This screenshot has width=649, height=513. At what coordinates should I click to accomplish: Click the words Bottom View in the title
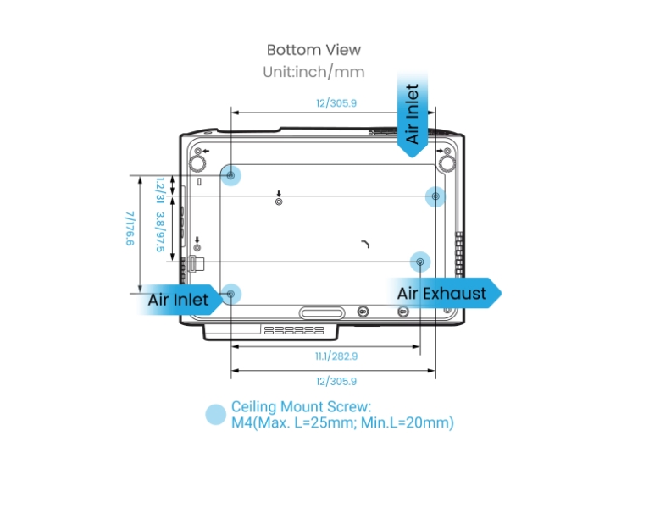pos(313,50)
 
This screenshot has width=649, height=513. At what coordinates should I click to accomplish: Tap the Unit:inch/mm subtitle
pos(313,71)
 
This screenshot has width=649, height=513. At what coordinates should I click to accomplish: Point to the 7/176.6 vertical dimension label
pos(130,229)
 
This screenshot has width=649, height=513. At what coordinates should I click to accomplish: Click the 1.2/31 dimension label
pos(158,190)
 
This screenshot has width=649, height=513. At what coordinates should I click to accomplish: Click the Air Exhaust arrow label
pos(443,293)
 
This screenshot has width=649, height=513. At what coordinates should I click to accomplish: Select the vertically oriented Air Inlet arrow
pos(413,114)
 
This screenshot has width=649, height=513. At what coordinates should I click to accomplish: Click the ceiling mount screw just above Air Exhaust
pos(420,261)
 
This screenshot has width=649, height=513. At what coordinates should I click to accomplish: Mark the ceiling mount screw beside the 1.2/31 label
pos(230,174)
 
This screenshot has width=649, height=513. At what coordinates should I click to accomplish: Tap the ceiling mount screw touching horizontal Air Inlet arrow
pos(230,294)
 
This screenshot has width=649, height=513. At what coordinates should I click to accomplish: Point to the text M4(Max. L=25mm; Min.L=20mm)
pos(342,422)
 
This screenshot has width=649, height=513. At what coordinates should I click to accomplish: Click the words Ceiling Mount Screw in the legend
pos(302,407)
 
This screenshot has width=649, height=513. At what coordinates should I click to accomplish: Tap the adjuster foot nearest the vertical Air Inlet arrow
pos(447,160)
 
